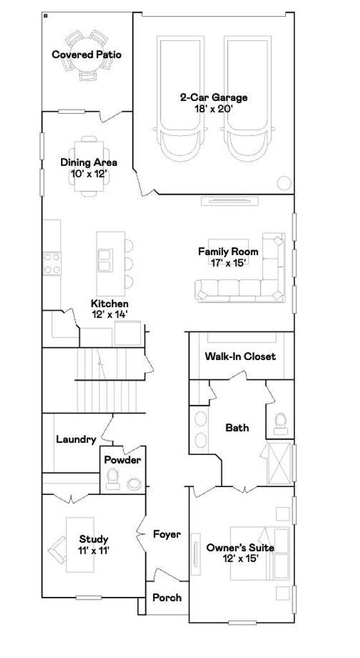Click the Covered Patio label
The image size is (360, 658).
(87, 55)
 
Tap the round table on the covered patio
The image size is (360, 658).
(87, 55)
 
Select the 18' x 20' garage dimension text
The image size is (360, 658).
(213, 109)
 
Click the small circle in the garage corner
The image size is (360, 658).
(285, 183)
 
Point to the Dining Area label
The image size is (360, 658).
(89, 163)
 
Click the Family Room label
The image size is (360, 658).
(228, 252)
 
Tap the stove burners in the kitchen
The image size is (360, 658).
(52, 263)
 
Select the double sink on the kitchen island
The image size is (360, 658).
(105, 260)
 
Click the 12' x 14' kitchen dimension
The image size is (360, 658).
(109, 314)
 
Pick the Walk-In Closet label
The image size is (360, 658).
(240, 357)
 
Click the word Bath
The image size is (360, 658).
(237, 427)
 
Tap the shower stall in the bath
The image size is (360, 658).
(279, 463)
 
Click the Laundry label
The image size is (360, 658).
(76, 440)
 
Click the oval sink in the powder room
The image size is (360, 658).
(135, 483)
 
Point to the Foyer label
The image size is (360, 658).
(167, 534)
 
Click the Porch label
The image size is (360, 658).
(167, 598)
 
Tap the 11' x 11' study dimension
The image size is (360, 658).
(94, 551)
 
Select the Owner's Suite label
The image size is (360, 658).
(240, 548)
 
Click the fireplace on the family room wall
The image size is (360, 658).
(228, 201)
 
